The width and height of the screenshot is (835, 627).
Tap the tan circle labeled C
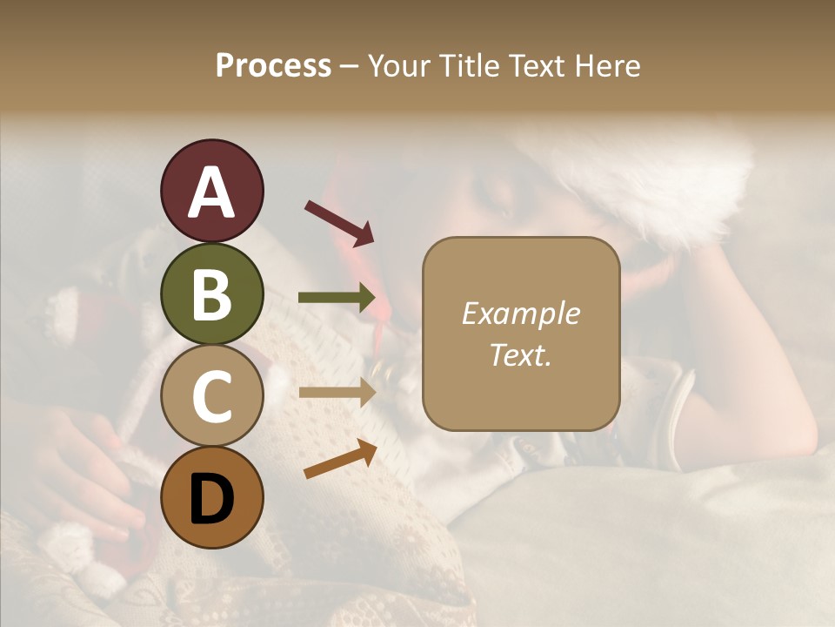pos(211,396)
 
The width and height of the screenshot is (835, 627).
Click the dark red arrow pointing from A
pos(339,223)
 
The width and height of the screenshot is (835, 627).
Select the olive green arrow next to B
pos(337,298)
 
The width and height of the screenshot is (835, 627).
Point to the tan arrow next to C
pos(337,393)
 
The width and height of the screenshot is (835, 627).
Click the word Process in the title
pos(273,65)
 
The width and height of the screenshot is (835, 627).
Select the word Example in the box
pos(520,313)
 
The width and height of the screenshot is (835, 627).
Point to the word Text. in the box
pos(520,354)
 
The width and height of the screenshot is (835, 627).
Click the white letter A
pos(211,192)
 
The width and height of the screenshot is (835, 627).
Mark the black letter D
pos(211,499)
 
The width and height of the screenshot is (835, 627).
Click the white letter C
pos(211,396)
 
